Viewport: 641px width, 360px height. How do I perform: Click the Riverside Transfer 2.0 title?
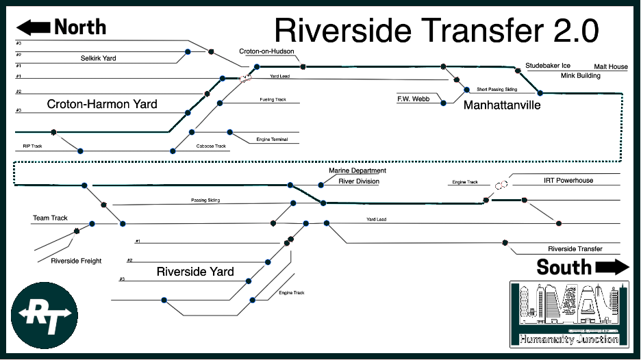436,31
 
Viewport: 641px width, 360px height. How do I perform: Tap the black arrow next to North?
33,27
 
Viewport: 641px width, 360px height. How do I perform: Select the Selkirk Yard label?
99,58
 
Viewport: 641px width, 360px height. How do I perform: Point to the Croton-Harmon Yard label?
102,105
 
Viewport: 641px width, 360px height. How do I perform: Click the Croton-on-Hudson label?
266,51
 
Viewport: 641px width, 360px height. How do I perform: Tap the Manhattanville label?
502,105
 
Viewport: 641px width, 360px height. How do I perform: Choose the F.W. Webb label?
413,99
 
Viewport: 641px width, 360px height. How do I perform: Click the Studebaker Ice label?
548,66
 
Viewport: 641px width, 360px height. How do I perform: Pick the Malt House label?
610,67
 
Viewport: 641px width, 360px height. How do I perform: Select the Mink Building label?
581,75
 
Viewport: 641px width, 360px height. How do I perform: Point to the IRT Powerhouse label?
568,181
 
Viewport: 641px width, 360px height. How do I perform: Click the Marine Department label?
357,170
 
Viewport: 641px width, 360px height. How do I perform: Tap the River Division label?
359,181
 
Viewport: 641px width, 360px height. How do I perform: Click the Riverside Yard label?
195,272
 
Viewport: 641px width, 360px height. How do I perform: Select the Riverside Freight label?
76,261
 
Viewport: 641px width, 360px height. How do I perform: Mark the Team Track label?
51,218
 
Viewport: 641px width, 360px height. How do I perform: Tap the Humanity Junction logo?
569,314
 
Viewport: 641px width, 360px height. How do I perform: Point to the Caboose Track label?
211,146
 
